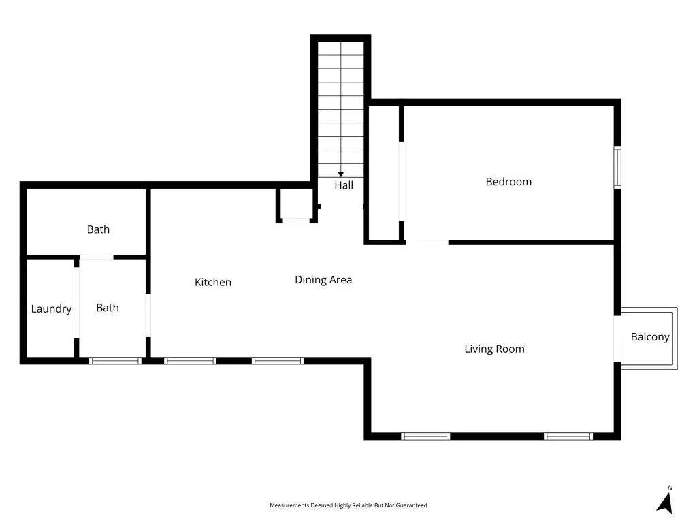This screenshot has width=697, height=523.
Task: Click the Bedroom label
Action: tap(508, 181)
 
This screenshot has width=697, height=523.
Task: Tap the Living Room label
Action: tap(494, 349)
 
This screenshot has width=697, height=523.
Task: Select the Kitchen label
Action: tap(213, 282)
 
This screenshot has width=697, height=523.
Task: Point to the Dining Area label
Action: tap(323, 280)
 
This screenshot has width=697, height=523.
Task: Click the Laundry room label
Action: tap(51, 309)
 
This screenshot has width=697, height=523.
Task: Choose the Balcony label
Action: tap(650, 337)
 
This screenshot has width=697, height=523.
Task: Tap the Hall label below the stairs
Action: tap(344, 185)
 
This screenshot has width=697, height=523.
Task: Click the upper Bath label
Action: tap(98, 229)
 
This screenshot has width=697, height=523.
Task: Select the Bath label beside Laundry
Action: tap(108, 308)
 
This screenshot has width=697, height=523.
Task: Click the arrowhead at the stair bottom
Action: tap(341, 175)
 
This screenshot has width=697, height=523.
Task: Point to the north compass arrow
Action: tap(666, 503)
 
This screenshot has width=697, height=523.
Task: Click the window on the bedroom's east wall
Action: tap(617, 168)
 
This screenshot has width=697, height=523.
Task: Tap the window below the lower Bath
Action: tap(115, 361)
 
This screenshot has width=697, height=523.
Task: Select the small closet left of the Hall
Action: tap(296, 204)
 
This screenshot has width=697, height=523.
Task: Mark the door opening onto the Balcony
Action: tap(617, 339)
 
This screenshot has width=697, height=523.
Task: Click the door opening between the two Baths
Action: tap(97, 257)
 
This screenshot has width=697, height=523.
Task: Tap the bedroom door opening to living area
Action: tap(427, 242)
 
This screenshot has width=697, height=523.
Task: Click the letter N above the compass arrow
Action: tap(670, 488)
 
